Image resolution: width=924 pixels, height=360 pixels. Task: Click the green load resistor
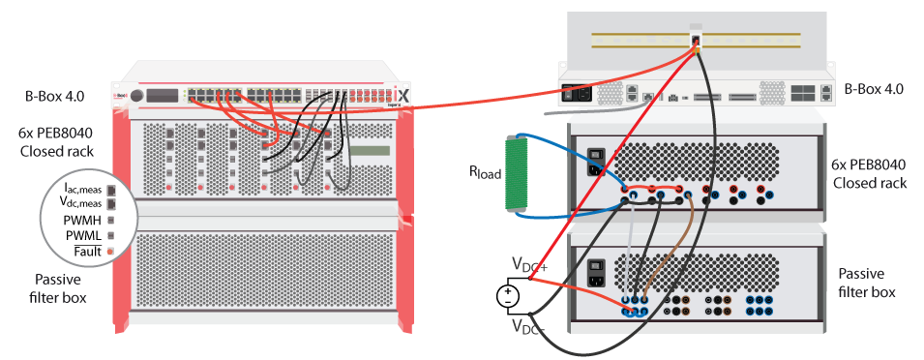[515, 174]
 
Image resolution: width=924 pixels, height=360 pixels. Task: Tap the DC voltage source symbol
[507, 295]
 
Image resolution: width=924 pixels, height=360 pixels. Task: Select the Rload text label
[485, 172]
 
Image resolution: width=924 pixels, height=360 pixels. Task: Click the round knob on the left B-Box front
[137, 96]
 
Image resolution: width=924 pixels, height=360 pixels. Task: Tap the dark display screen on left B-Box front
[164, 97]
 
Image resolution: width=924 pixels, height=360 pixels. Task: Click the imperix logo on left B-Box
[403, 96]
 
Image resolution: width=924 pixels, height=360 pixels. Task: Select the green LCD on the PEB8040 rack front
[371, 150]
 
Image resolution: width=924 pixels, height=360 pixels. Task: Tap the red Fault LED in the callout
[109, 252]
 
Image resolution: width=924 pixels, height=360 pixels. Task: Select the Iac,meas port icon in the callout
[110, 190]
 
